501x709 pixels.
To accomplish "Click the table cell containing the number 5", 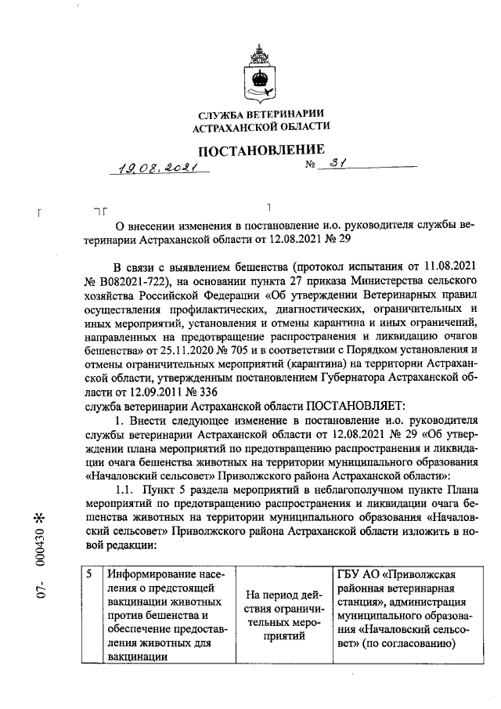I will (x=92, y=616).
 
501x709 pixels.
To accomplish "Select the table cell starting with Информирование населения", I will (x=164, y=616).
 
